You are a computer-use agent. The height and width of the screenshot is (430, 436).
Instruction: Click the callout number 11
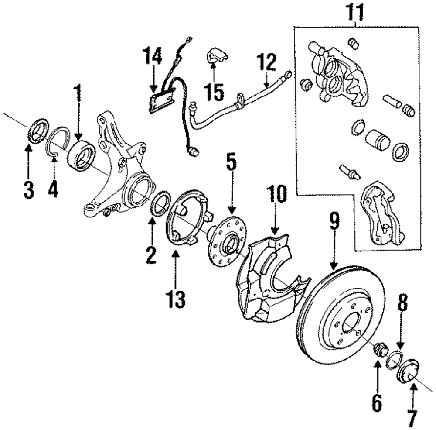click(355, 13)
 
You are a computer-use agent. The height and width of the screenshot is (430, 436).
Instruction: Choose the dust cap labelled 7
click(409, 371)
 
